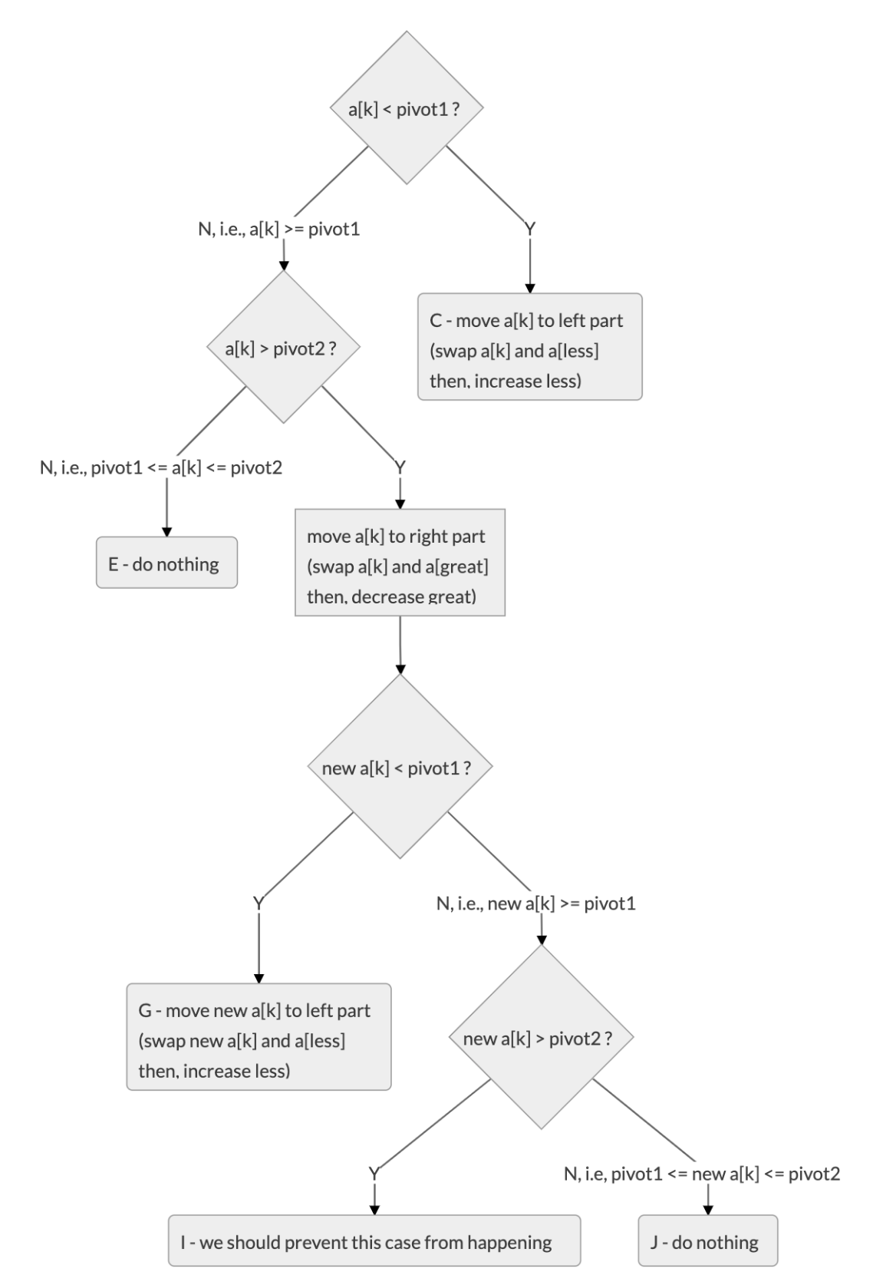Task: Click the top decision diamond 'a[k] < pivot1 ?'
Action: pos(407,107)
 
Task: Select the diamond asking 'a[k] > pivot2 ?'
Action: pos(283,347)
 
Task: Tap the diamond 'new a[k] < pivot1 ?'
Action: pos(400,766)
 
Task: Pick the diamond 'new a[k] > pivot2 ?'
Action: pos(541,1037)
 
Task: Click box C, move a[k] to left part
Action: pos(529,346)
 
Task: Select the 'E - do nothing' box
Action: pos(166,562)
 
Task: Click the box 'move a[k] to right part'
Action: pos(400,562)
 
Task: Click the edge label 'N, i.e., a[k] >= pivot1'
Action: pos(279,229)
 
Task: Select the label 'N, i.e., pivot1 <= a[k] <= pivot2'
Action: pos(161,467)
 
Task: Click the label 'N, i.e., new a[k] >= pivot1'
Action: pos(536,903)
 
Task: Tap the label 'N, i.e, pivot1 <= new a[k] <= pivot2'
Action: pos(702,1174)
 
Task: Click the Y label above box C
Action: pos(529,229)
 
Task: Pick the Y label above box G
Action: pos(259,903)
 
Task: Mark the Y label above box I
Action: pos(374,1174)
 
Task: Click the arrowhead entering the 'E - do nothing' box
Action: pos(166,533)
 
